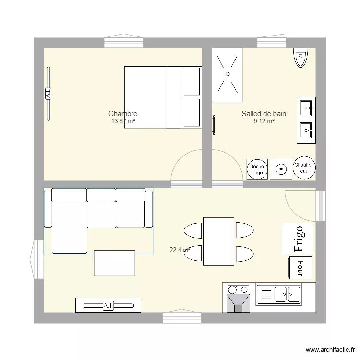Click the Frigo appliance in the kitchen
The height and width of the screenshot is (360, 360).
[x=298, y=238]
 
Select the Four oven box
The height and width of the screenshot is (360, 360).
[x=300, y=267]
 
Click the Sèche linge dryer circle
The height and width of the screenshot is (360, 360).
[x=257, y=168]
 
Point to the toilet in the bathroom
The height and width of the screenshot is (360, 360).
[x=300, y=58]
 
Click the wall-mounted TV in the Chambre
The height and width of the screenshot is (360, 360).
[x=48, y=93]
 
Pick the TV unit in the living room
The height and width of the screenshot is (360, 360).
[x=108, y=305]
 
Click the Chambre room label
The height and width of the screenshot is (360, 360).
[x=123, y=114]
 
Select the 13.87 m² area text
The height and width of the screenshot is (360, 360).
[x=123, y=121]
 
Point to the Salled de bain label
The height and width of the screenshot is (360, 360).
[x=264, y=114]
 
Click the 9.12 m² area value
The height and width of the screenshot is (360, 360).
[x=264, y=121]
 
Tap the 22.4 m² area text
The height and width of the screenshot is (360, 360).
[x=180, y=250]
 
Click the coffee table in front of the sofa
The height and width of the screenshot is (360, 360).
[x=114, y=263]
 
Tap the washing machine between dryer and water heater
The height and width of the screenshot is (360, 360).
[x=281, y=168]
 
